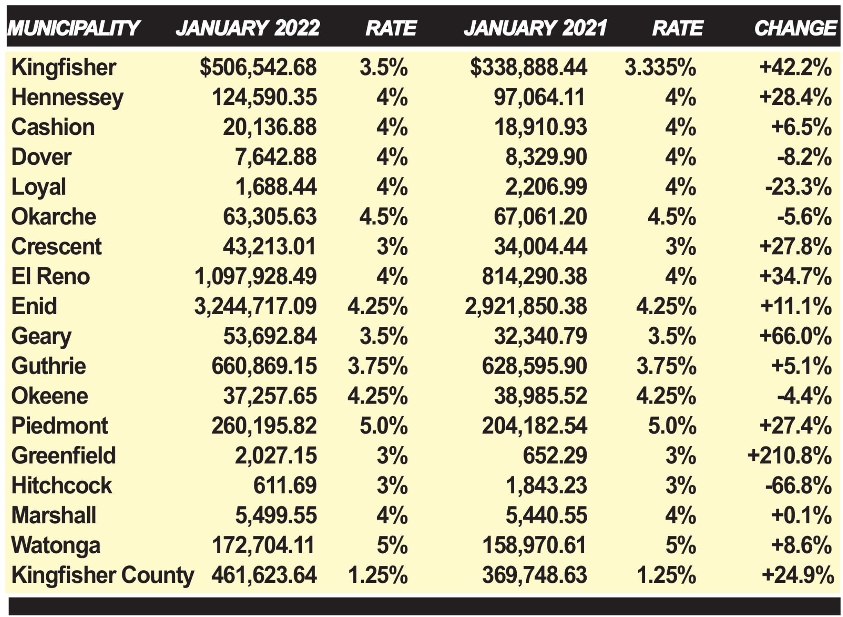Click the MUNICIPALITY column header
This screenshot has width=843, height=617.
point(74,28)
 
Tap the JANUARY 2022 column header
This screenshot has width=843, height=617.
point(247,28)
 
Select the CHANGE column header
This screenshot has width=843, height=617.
point(795,28)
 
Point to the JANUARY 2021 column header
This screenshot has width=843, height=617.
point(535,28)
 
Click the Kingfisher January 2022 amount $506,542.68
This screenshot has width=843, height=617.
point(258,67)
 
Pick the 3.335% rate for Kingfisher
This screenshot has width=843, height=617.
point(660,67)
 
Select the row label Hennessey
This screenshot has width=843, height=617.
point(67,98)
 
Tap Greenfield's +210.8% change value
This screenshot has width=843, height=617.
point(789,456)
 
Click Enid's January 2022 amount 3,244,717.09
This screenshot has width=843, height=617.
point(255,306)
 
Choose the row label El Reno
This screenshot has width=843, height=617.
point(50,277)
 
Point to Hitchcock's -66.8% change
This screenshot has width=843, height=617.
point(798,485)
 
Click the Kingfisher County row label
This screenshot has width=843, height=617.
point(102,575)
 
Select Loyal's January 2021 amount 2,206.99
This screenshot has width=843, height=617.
point(546,187)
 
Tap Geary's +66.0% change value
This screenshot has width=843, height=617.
point(795,336)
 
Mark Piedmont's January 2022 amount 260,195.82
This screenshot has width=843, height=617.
point(264,426)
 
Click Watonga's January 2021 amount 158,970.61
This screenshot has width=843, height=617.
point(534,545)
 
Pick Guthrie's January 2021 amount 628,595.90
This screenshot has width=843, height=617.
point(534,366)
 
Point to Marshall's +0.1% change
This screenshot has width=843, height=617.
point(801,515)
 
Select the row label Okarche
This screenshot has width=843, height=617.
point(54,217)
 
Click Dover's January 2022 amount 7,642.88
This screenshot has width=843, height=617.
point(276,157)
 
